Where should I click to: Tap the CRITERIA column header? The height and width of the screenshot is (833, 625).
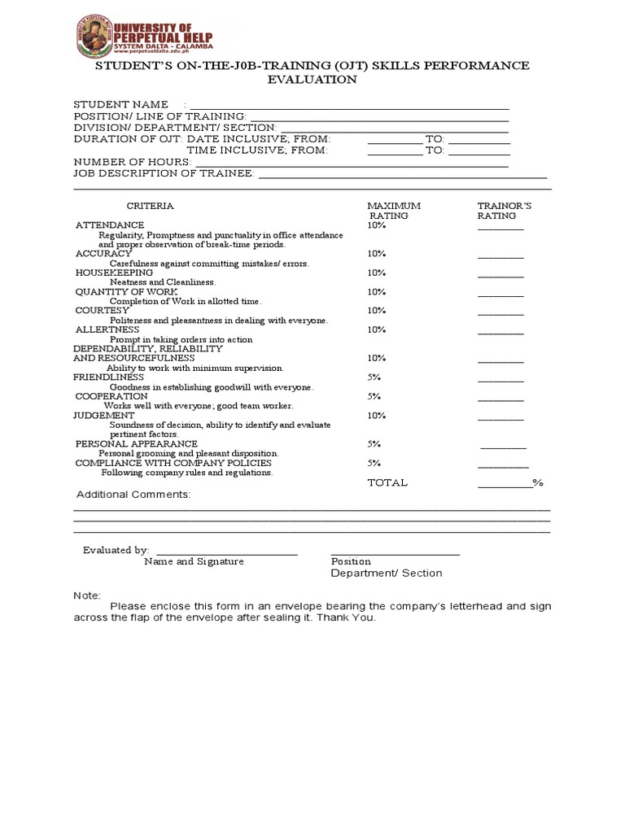coord(150,206)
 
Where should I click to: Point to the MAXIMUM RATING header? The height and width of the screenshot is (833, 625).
coord(394,211)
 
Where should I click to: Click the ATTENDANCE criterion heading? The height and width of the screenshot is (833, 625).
coord(110,225)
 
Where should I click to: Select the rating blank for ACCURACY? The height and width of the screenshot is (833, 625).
coord(500,256)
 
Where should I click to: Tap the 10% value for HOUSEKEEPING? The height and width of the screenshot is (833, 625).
coord(376,273)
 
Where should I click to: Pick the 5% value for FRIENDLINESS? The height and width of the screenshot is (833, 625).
coord(374,377)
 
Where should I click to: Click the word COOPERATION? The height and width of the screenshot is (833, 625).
coord(111,396)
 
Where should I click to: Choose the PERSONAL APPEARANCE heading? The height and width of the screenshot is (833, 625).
coord(137,444)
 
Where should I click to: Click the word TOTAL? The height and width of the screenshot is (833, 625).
coord(387,482)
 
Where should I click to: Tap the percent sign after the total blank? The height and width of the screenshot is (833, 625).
coord(537,482)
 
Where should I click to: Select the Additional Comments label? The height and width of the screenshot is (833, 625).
coord(133,495)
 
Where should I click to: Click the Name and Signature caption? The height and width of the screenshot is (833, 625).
coord(194,561)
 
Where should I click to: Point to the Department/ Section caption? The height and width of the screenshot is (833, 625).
coord(386,573)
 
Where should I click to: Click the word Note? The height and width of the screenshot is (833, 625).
coord(87,595)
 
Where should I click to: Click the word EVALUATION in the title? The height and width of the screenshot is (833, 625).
coord(312,79)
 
